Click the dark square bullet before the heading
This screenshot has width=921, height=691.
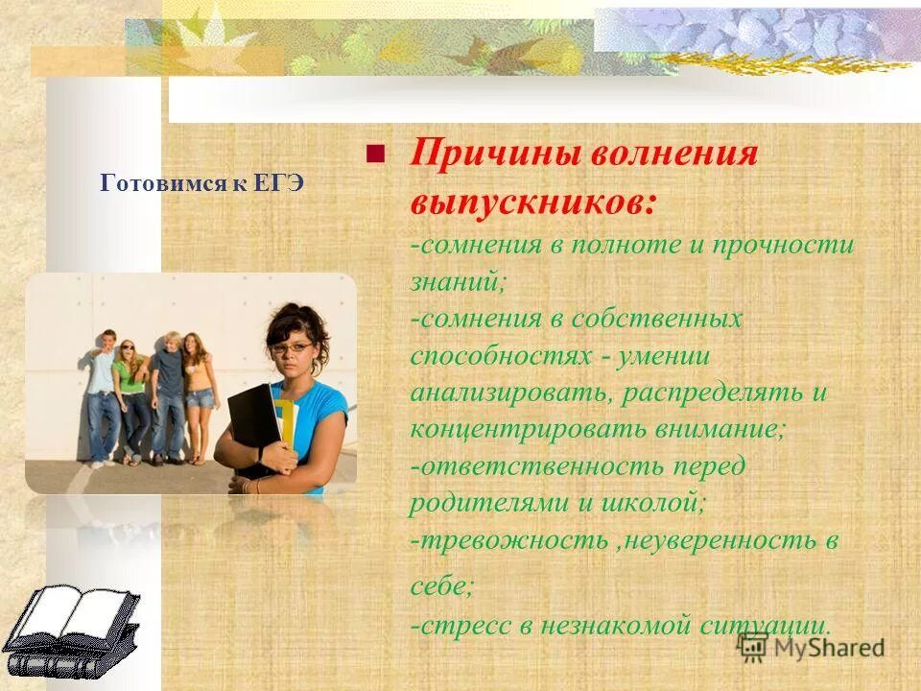pyautogui.click(x=375, y=153)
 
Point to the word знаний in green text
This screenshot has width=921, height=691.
pyautogui.click(x=457, y=281)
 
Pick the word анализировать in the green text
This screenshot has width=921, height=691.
pyautogui.click(x=491, y=393)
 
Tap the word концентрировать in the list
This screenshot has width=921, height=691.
pyautogui.click(x=508, y=430)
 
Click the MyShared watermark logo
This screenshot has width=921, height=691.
pyautogui.click(x=814, y=649)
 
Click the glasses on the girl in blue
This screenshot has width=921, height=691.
pyautogui.click(x=293, y=347)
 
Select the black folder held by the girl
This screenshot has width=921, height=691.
pyautogui.click(x=253, y=422)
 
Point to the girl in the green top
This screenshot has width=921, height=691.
pyautogui.click(x=131, y=393)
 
